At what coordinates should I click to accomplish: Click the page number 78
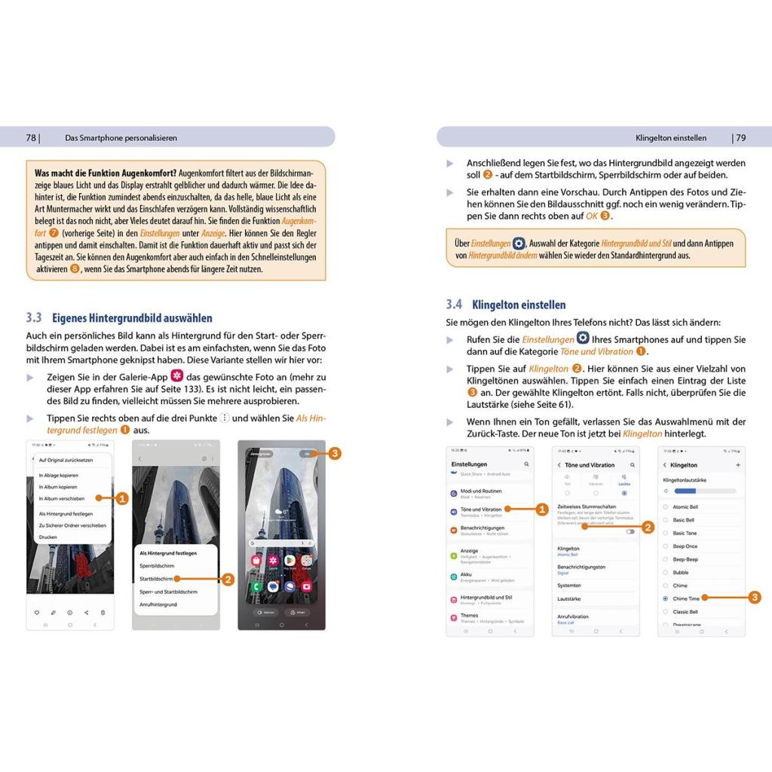31,137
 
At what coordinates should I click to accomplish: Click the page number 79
740,137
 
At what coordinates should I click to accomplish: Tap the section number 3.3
34,318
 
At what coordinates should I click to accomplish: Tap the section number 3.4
453,305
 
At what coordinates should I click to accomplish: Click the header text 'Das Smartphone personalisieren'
121,137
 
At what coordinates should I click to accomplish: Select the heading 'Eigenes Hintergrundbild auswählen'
131,318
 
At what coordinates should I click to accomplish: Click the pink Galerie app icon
178,376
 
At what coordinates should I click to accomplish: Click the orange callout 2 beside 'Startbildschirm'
228,579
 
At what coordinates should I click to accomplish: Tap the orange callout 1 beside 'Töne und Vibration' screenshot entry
541,510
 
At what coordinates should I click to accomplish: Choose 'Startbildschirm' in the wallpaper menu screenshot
157,579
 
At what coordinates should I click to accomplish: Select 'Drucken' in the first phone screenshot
48,537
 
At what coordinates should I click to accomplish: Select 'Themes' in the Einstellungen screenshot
470,616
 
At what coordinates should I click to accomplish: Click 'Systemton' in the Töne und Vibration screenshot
569,585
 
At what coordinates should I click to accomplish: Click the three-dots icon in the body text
224,418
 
